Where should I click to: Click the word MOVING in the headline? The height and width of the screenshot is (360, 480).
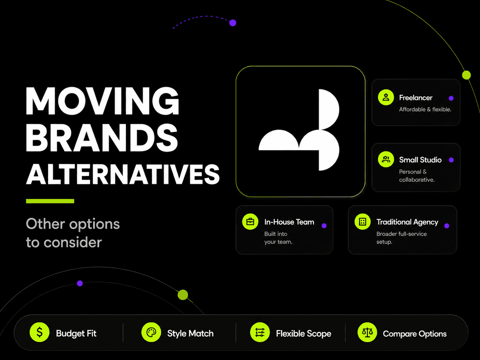(102, 101)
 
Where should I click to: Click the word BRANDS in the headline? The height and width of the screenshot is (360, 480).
(102, 138)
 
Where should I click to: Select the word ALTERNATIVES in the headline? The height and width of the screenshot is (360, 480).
(123, 174)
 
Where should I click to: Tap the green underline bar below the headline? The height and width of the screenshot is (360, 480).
(50, 201)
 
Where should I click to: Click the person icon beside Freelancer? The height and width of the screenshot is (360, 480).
(386, 97)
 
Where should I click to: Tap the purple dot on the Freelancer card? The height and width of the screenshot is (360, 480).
(451, 98)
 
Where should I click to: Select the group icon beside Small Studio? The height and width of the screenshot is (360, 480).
(386, 159)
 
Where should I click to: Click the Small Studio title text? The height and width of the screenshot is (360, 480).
(420, 160)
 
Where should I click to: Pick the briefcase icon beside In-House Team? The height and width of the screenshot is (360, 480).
(250, 222)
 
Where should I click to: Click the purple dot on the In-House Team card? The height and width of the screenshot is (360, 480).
(324, 226)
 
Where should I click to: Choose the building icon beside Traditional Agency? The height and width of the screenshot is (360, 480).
(363, 222)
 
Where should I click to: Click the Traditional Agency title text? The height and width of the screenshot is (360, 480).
(407, 222)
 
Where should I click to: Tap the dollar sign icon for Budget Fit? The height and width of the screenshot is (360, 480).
(39, 332)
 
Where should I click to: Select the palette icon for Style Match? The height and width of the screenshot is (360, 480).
(151, 332)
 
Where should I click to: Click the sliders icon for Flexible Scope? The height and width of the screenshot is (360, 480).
(260, 332)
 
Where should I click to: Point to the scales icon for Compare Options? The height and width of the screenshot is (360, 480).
(367, 332)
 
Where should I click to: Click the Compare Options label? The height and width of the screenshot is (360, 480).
(415, 334)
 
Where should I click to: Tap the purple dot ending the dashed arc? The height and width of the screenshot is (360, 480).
(233, 23)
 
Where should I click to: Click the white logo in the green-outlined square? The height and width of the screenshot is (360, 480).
(299, 130)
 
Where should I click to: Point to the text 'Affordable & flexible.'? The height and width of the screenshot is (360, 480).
(425, 109)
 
